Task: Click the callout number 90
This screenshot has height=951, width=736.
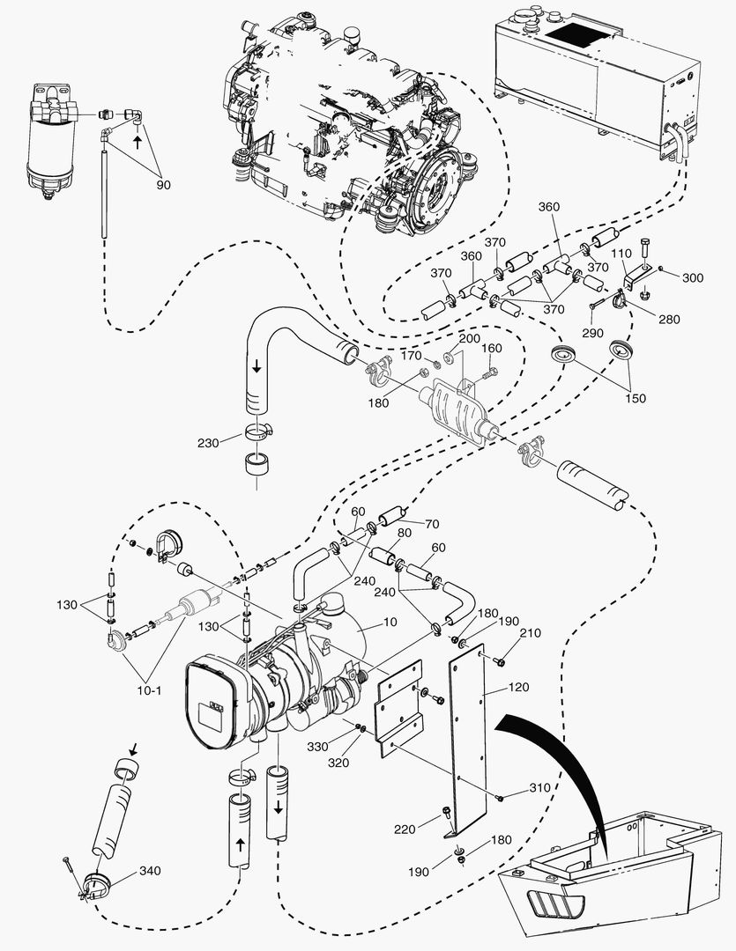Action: click(x=163, y=185)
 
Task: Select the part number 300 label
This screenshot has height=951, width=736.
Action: click(x=693, y=277)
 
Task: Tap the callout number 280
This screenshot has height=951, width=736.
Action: click(x=669, y=319)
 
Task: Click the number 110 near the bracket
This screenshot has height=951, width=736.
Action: click(x=622, y=254)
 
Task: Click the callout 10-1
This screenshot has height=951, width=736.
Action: click(x=146, y=689)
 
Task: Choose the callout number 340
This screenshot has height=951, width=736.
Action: click(x=151, y=872)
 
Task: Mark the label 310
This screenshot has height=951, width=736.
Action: click(x=539, y=787)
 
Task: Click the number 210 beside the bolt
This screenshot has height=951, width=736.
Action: click(x=530, y=632)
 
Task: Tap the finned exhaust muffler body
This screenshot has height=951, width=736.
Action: click(x=456, y=406)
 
